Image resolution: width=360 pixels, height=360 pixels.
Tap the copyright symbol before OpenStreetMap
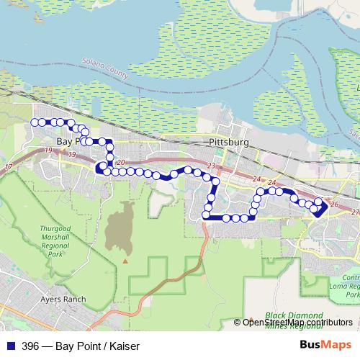point(238,323)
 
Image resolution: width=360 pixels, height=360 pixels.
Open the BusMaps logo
point(328,345)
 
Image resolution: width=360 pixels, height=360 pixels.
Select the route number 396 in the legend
point(29,346)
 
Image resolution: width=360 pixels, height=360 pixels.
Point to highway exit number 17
point(9,167)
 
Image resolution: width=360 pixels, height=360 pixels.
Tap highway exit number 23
point(211,166)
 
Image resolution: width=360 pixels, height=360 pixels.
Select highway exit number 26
point(333,204)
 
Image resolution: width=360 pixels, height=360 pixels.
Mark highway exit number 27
point(354,213)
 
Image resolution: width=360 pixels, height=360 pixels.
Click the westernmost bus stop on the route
point(35,122)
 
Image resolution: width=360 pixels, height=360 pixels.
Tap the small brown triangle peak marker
point(125,261)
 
